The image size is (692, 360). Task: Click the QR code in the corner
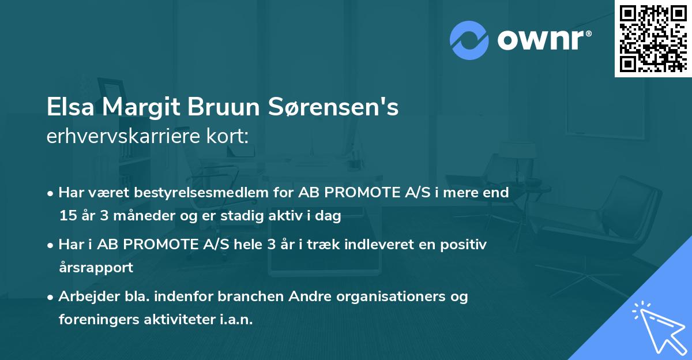[653, 38]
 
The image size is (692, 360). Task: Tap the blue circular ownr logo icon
[469, 40]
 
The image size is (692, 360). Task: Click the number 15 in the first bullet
[67, 216]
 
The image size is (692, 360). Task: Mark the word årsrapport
[96, 268]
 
